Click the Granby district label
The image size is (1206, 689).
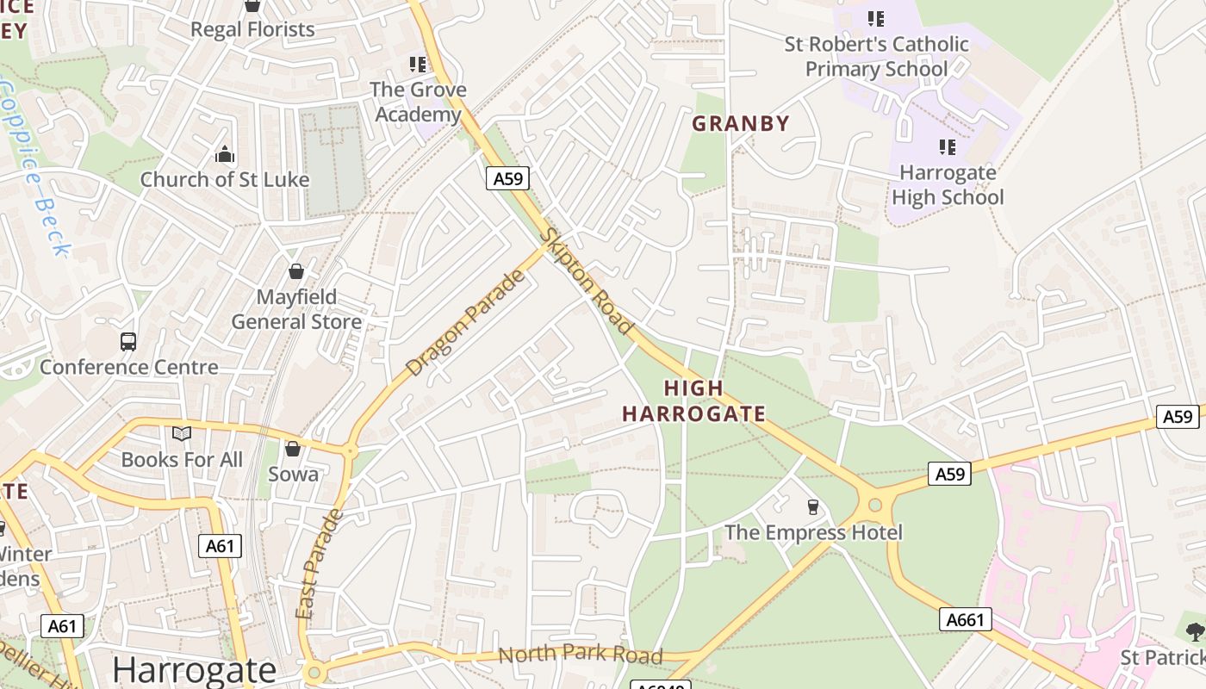click(x=741, y=123)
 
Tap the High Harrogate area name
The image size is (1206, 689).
click(x=693, y=401)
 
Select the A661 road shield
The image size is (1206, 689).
click(x=965, y=619)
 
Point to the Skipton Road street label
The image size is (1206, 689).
click(x=587, y=282)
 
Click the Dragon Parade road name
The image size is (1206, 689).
click(x=465, y=323)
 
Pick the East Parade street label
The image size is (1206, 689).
click(x=318, y=563)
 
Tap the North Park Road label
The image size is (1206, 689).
click(x=580, y=655)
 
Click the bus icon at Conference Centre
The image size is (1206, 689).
click(x=128, y=342)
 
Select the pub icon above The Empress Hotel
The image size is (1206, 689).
click(x=812, y=506)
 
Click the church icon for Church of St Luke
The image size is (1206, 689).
click(x=225, y=155)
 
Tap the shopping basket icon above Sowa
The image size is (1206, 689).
click(x=293, y=449)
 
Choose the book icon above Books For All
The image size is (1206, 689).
click(x=182, y=434)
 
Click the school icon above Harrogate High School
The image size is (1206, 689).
click(x=948, y=147)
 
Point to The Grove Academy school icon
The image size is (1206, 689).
click(x=418, y=64)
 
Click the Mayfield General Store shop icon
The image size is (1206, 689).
click(x=296, y=272)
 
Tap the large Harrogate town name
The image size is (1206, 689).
click(x=194, y=670)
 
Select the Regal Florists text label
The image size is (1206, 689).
click(x=252, y=29)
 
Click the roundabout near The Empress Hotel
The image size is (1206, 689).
click(x=875, y=505)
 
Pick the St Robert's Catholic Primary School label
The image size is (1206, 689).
click(x=876, y=56)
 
